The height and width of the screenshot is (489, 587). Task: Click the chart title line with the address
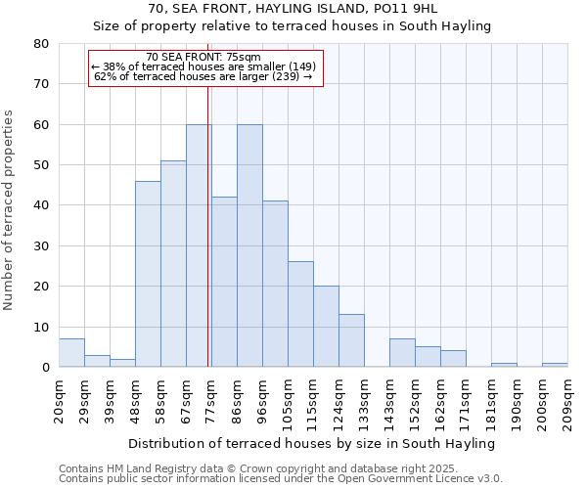[293, 9]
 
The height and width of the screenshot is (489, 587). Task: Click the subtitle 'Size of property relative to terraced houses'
[293, 26]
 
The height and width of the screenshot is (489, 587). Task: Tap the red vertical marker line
[208, 244]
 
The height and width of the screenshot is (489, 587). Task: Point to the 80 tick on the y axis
[41, 44]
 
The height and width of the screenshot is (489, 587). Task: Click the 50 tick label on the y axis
[41, 165]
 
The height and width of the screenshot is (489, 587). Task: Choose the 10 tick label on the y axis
[41, 327]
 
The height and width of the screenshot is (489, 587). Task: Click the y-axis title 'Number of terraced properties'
[9, 210]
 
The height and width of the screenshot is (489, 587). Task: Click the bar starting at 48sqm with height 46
[148, 274]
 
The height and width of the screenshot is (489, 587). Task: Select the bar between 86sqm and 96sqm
[249, 245]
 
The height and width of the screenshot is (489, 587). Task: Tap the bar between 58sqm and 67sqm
[173, 264]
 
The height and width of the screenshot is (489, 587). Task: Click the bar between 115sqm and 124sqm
[326, 327]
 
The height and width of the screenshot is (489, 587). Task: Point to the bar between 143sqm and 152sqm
[402, 353]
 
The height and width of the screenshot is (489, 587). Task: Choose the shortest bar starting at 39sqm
[122, 363]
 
